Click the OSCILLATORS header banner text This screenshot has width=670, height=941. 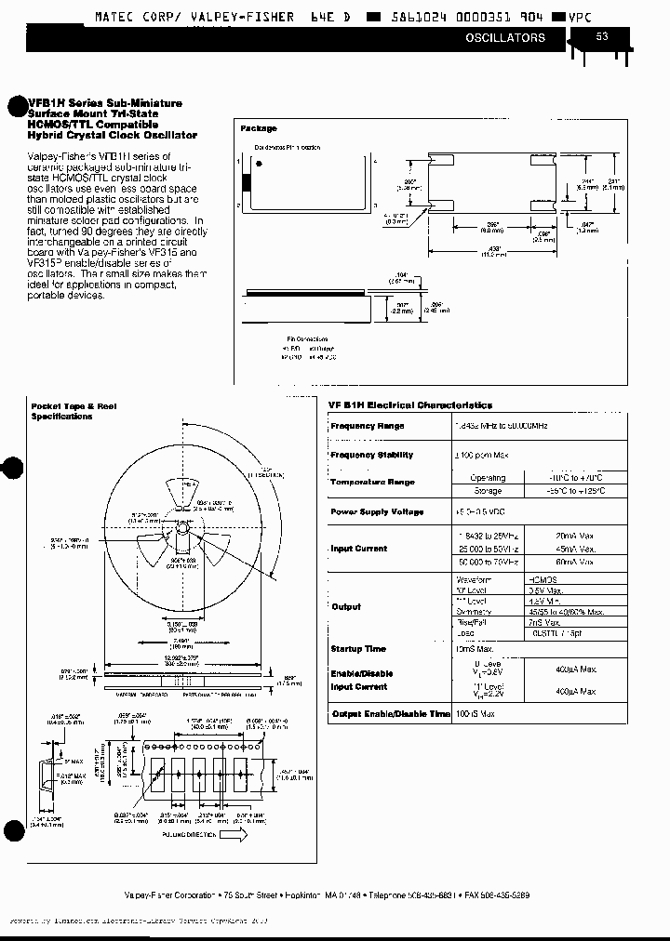[505, 38]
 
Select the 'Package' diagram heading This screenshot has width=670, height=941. [259, 128]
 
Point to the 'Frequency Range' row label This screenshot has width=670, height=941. [368, 426]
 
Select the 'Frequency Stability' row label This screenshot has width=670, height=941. [371, 455]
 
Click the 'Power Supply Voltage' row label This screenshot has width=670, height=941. [377, 512]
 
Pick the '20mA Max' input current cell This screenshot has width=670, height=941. [575, 536]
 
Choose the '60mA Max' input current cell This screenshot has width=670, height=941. [575, 562]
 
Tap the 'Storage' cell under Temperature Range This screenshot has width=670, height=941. [488, 491]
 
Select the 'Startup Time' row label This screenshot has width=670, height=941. [358, 648]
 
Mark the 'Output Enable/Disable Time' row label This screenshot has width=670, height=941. [390, 713]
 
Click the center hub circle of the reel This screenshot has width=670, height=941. [181, 527]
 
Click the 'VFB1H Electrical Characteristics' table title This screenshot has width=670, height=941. [409, 405]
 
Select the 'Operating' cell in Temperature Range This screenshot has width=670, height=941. [488, 477]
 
